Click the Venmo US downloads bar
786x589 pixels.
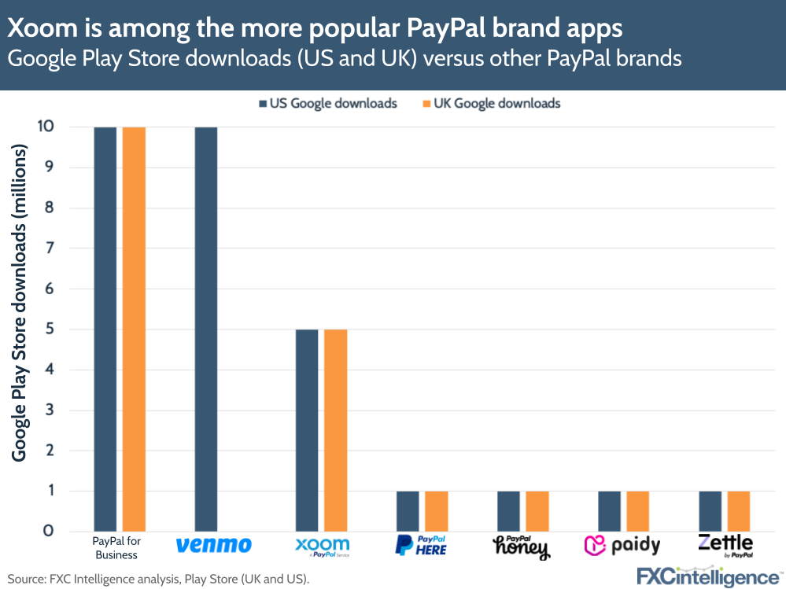[206, 329]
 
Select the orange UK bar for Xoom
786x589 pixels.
[336, 430]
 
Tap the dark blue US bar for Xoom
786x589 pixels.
[307, 430]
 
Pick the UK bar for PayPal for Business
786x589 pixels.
[134, 329]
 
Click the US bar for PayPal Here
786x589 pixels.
[408, 511]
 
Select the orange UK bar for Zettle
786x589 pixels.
[739, 511]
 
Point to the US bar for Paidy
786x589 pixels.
[609, 511]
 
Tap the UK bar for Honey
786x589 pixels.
[537, 511]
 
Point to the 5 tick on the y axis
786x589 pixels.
[48, 329]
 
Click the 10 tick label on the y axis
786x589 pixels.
[44, 127]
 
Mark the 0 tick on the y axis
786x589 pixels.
[48, 531]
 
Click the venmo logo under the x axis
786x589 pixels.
[213, 545]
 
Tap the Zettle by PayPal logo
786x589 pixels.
[725, 544]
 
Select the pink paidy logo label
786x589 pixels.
[622, 545]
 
